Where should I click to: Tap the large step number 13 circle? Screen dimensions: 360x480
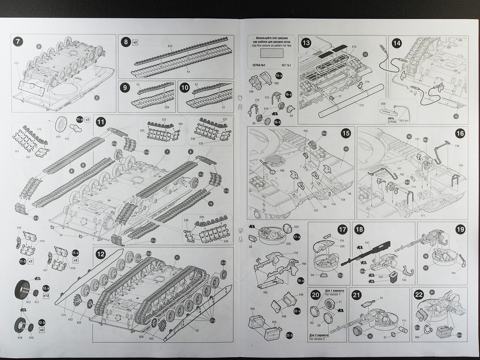tap(306, 43)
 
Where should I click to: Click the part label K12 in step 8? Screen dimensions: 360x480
tap(170, 46)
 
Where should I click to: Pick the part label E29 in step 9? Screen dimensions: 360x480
tap(167, 107)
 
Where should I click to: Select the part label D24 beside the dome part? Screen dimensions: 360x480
tap(297, 227)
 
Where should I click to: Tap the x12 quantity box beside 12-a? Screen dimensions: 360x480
tap(46, 295)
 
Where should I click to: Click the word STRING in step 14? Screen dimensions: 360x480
tap(392, 121)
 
